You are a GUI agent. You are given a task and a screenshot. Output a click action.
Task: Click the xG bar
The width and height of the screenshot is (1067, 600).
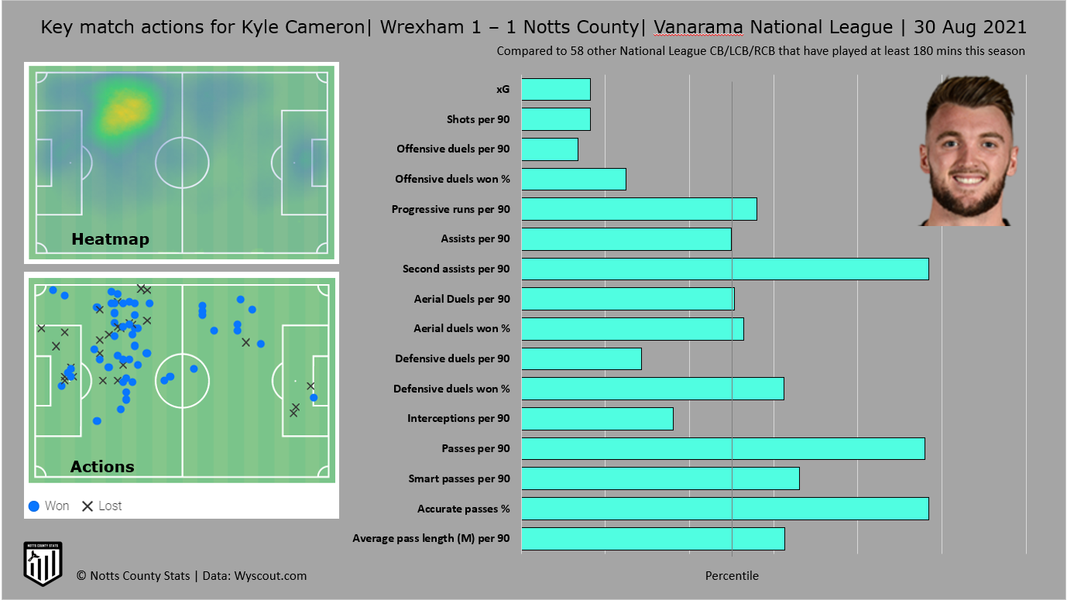(x=555, y=89)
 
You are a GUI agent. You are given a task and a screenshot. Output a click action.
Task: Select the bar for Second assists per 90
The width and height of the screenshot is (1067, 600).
(x=725, y=269)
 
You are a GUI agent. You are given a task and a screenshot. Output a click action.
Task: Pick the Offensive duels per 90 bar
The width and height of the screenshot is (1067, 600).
(x=549, y=149)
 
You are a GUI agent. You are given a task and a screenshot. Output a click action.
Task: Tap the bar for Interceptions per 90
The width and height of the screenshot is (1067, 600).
(x=597, y=419)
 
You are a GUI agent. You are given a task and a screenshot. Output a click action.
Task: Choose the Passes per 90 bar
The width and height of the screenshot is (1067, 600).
(x=722, y=448)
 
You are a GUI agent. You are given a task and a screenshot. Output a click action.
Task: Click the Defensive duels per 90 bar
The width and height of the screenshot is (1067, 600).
(x=581, y=358)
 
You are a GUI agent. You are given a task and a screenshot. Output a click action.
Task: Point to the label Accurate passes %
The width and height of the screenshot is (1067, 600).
(x=463, y=509)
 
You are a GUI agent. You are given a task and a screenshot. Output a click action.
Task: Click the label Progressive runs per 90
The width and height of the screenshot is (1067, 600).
(x=451, y=209)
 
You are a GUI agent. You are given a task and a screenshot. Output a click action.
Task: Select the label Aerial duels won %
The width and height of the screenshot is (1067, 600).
(x=461, y=328)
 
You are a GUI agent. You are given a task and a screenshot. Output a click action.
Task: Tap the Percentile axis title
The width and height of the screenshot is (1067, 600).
(x=732, y=576)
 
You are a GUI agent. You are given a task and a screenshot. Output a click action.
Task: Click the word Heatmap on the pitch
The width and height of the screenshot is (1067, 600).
(x=110, y=239)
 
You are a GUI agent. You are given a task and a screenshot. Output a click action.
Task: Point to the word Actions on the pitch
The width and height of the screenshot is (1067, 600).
(x=102, y=467)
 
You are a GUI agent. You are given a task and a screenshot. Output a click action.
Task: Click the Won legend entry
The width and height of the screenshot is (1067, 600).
(x=49, y=506)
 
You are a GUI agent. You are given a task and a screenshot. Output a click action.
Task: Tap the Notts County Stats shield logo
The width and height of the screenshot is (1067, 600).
(x=43, y=564)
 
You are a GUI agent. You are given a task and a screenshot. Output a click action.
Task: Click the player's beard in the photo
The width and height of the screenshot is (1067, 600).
(x=967, y=201)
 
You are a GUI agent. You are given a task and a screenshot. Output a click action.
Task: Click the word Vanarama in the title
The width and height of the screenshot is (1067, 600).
(x=698, y=28)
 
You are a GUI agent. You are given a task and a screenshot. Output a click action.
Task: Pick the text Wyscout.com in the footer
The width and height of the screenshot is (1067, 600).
(x=270, y=575)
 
